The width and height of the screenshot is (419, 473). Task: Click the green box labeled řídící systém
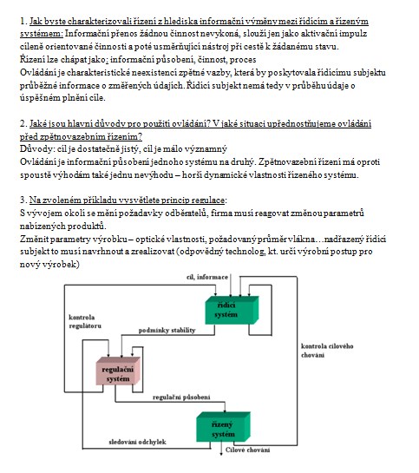232,310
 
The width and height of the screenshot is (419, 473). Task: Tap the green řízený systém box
223,426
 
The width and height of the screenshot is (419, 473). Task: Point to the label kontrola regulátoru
85,322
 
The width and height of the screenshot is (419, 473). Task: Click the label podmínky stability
167,331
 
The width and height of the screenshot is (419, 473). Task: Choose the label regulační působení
181,397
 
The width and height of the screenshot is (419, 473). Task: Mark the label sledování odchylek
137,442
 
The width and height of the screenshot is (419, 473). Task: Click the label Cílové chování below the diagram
247,450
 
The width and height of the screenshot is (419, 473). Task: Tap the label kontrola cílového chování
327,351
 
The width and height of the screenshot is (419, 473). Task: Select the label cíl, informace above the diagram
207,277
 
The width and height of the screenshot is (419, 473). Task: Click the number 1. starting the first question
23,21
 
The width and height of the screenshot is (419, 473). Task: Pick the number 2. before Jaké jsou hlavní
23,124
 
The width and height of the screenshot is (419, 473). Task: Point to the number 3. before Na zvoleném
23,200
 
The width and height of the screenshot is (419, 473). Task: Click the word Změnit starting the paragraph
34,240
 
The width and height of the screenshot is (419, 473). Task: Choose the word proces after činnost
243,60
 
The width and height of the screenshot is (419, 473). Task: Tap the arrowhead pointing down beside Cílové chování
221,453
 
